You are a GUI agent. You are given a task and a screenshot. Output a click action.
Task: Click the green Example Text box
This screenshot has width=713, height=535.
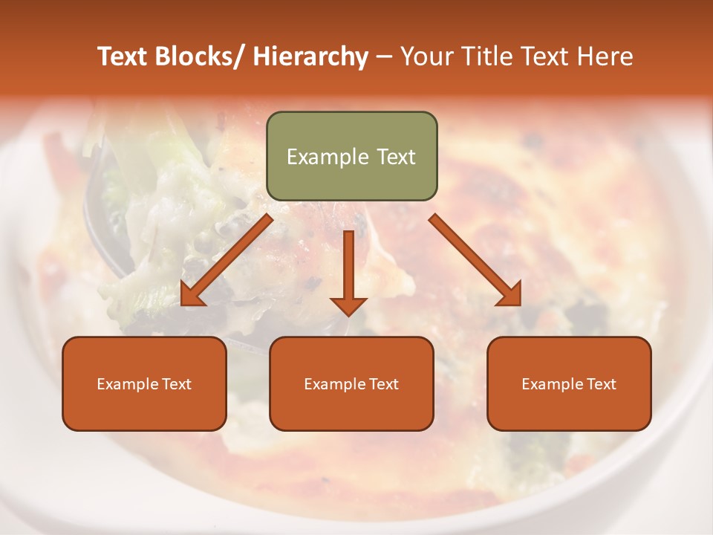coord(351,156)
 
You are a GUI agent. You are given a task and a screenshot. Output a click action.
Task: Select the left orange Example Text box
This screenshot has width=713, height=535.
coord(144,383)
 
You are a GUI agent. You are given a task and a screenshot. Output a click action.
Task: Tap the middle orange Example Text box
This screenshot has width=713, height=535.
coord(351,383)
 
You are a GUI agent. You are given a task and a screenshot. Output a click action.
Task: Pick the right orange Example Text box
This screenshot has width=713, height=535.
coord(569,383)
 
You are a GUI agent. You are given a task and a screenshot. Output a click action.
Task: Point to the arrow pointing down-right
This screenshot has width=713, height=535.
coord(475,260)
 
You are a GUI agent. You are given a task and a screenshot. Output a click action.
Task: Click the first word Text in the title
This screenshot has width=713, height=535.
coord(123,56)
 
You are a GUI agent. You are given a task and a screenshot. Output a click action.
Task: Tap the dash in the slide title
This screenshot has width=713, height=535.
coord(384,56)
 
